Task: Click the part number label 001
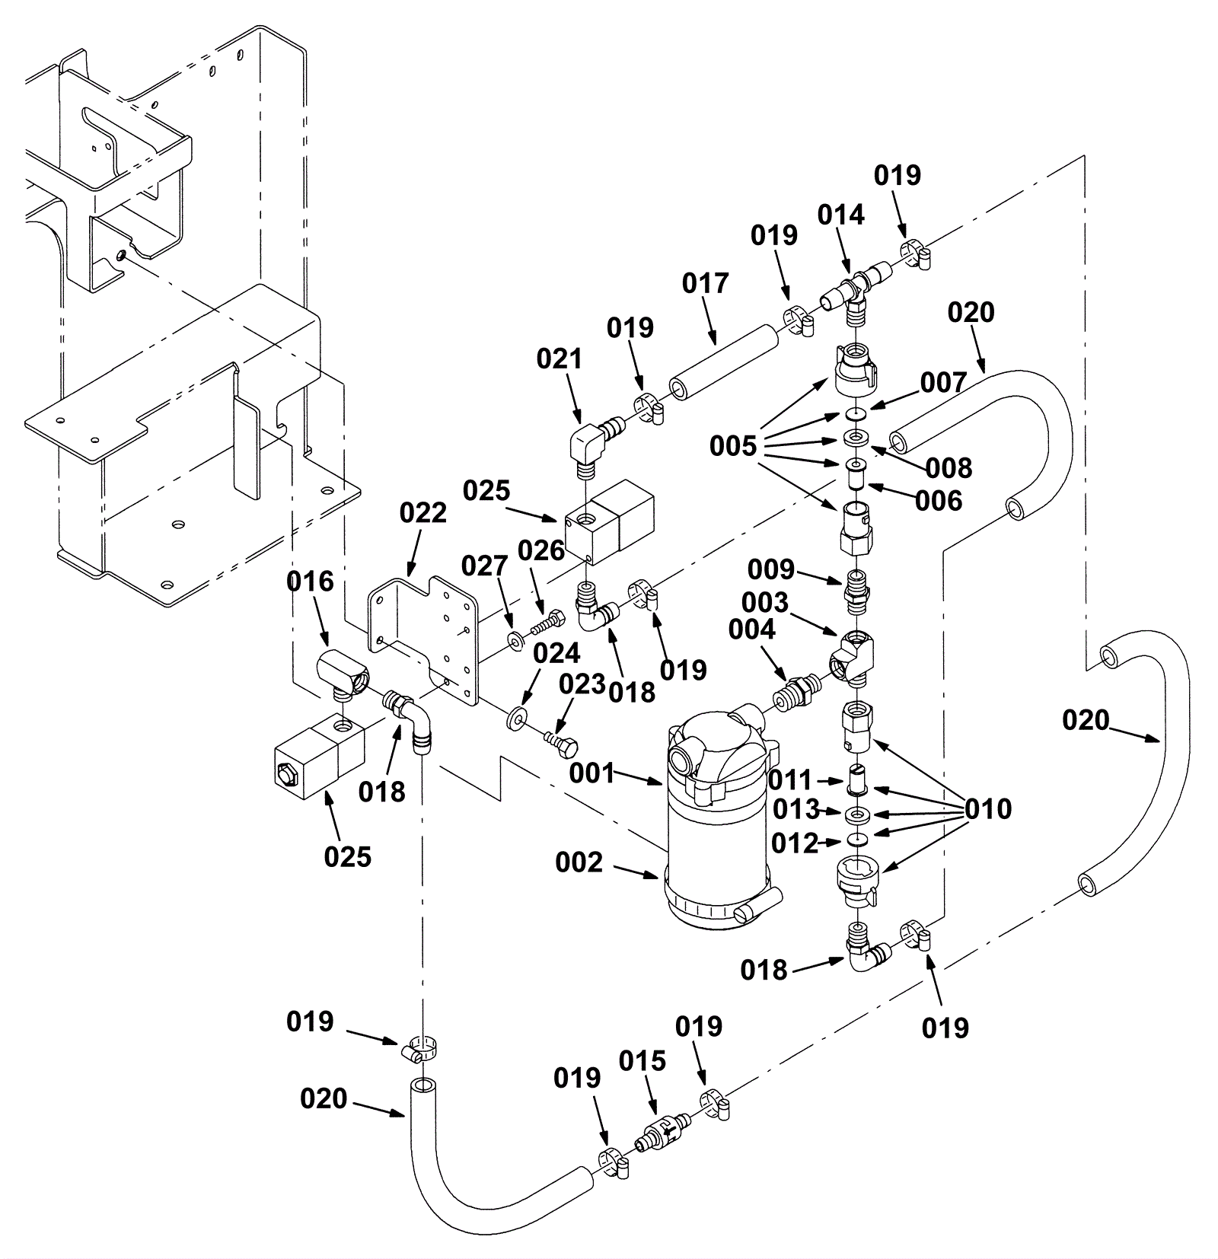point(592,773)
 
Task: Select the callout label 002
point(579,862)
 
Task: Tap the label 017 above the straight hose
point(705,283)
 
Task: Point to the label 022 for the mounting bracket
point(422,513)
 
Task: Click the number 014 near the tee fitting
point(841,215)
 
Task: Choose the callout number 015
point(642,1060)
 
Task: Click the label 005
point(733,446)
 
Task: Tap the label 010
point(988,809)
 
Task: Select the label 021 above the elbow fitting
point(560,359)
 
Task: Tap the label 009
point(770,569)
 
